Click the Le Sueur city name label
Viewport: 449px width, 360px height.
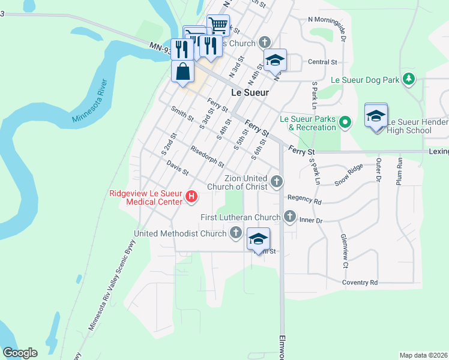point(250,93)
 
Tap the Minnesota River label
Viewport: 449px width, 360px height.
point(89,101)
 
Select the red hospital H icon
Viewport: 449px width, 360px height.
point(191,196)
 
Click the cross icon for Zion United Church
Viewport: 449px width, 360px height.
point(277,181)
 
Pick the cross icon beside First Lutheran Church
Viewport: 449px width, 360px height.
point(290,217)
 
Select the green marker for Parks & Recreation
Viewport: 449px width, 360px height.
point(345,123)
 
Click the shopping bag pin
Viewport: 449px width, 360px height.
point(183,72)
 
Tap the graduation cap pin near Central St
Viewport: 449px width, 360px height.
point(275,61)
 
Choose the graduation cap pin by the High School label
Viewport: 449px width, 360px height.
point(376,116)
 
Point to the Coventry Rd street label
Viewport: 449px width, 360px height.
point(360,282)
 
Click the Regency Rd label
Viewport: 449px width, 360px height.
point(304,197)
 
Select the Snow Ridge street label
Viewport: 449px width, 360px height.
point(349,174)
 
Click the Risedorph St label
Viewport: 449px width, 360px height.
point(206,156)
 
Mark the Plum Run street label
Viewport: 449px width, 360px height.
point(399,170)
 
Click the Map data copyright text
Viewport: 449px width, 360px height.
point(423,355)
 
